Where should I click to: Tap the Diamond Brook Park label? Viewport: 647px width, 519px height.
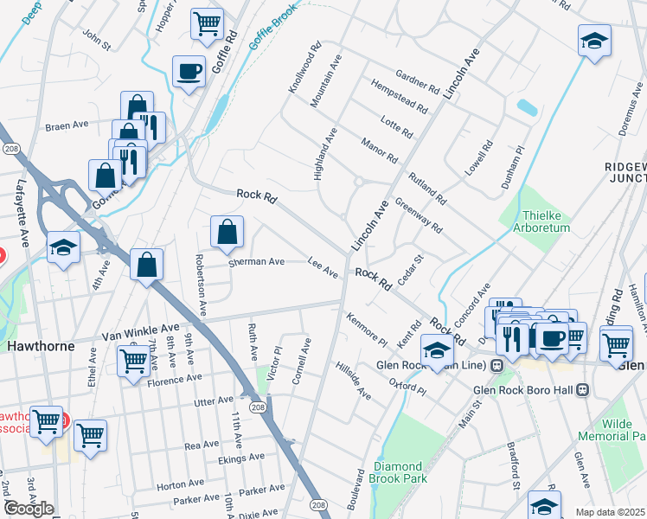[397, 472]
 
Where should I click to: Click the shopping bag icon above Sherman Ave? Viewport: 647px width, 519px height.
[227, 232]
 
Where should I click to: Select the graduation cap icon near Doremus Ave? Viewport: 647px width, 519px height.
[594, 41]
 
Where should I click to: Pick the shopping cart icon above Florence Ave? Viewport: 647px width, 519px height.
[132, 359]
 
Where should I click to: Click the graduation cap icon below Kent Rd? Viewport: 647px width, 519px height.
[438, 351]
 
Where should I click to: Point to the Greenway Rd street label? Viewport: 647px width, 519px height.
[419, 217]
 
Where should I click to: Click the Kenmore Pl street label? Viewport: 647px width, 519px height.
[365, 328]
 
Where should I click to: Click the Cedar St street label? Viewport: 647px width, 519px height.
[408, 269]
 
